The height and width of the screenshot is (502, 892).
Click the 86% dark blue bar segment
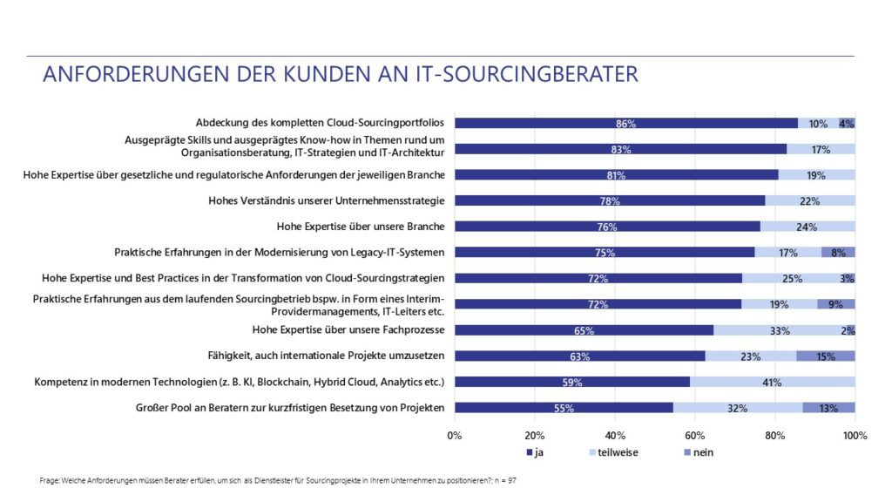tap(625, 123)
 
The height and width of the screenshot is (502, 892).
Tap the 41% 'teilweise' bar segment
tap(773, 382)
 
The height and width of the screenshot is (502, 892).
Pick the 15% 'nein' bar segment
tap(826, 356)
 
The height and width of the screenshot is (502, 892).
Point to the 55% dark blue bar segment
tap(564, 408)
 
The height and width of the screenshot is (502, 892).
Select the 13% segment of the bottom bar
tap(828, 408)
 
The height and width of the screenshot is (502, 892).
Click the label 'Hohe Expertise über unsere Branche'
tap(361, 227)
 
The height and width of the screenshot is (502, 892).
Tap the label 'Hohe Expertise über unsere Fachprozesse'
tap(348, 330)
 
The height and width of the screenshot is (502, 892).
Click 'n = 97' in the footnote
tap(505, 480)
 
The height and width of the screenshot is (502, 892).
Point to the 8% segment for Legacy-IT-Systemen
tap(838, 253)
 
